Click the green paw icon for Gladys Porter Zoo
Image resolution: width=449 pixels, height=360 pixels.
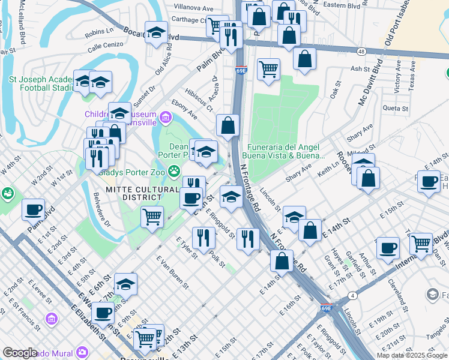(x=174, y=171)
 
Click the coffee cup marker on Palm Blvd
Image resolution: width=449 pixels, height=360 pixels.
(x=34, y=210)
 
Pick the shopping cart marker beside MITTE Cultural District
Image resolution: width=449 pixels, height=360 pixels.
(x=152, y=217)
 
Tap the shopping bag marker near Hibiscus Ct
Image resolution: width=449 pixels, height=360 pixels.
(x=228, y=126)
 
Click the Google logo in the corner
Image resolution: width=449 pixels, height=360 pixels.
(x=20, y=353)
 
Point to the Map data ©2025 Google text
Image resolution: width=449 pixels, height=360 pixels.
(x=411, y=355)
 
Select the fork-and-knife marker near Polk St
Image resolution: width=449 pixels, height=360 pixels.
(x=204, y=238)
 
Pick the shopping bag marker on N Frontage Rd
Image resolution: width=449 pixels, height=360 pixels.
(x=282, y=261)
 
